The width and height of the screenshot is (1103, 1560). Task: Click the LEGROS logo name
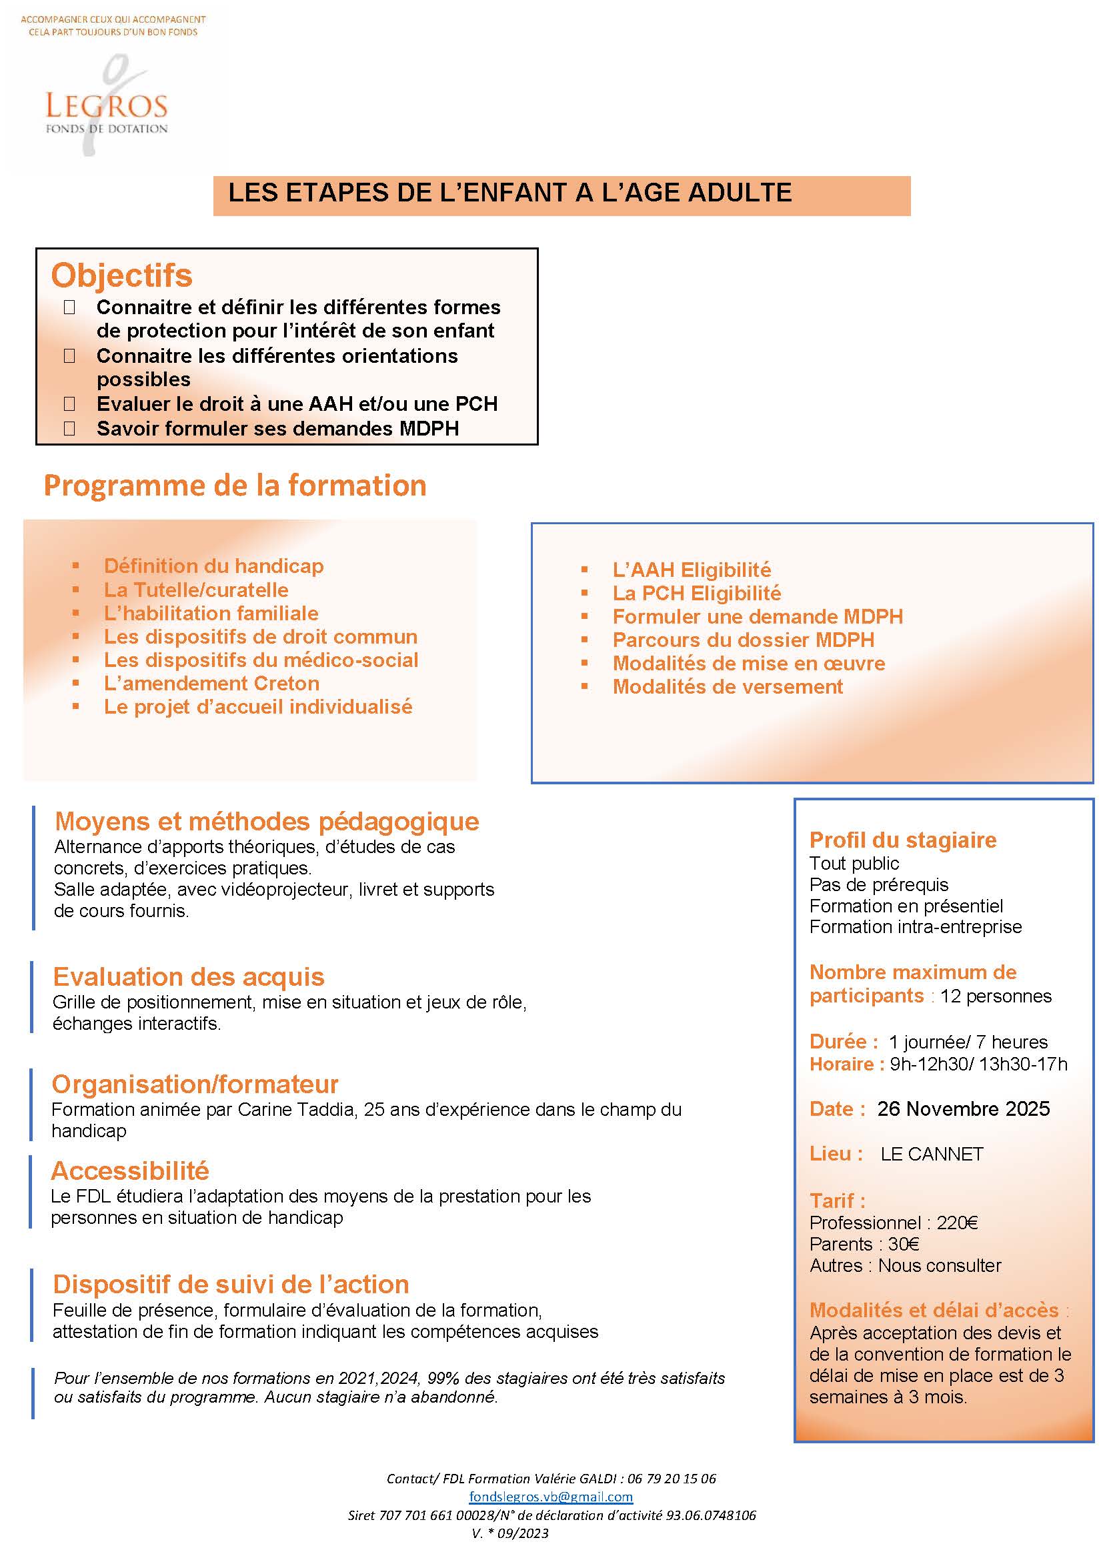pyautogui.click(x=106, y=107)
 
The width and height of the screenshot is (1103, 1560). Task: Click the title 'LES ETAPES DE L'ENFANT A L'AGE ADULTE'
pyautogui.click(x=509, y=193)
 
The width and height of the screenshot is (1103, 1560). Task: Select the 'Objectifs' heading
pyautogui.click(x=121, y=276)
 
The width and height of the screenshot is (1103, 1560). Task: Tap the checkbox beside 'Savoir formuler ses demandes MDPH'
pyautogui.click(x=69, y=428)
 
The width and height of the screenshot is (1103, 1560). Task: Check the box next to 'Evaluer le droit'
pyautogui.click(x=69, y=404)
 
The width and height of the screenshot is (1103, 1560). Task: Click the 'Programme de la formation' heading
pyautogui.click(x=235, y=486)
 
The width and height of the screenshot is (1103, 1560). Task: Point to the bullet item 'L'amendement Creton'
pyautogui.click(x=211, y=684)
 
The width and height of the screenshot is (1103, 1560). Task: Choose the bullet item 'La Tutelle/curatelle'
pyautogui.click(x=195, y=590)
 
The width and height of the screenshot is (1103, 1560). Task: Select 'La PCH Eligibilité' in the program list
pyautogui.click(x=696, y=593)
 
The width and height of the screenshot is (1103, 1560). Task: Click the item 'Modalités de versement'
pyautogui.click(x=728, y=687)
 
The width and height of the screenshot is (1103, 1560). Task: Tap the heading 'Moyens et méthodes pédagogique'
pyautogui.click(x=267, y=822)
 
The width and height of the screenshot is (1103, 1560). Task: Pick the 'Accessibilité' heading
pyautogui.click(x=130, y=1171)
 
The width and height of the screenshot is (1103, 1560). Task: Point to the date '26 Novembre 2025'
pyautogui.click(x=963, y=1109)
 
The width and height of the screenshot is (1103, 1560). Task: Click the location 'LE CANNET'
pyautogui.click(x=931, y=1154)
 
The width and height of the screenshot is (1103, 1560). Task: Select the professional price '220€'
pyautogui.click(x=957, y=1223)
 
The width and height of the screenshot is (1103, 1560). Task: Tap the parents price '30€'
pyautogui.click(x=904, y=1244)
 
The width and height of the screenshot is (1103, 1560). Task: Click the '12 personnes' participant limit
pyautogui.click(x=995, y=996)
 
